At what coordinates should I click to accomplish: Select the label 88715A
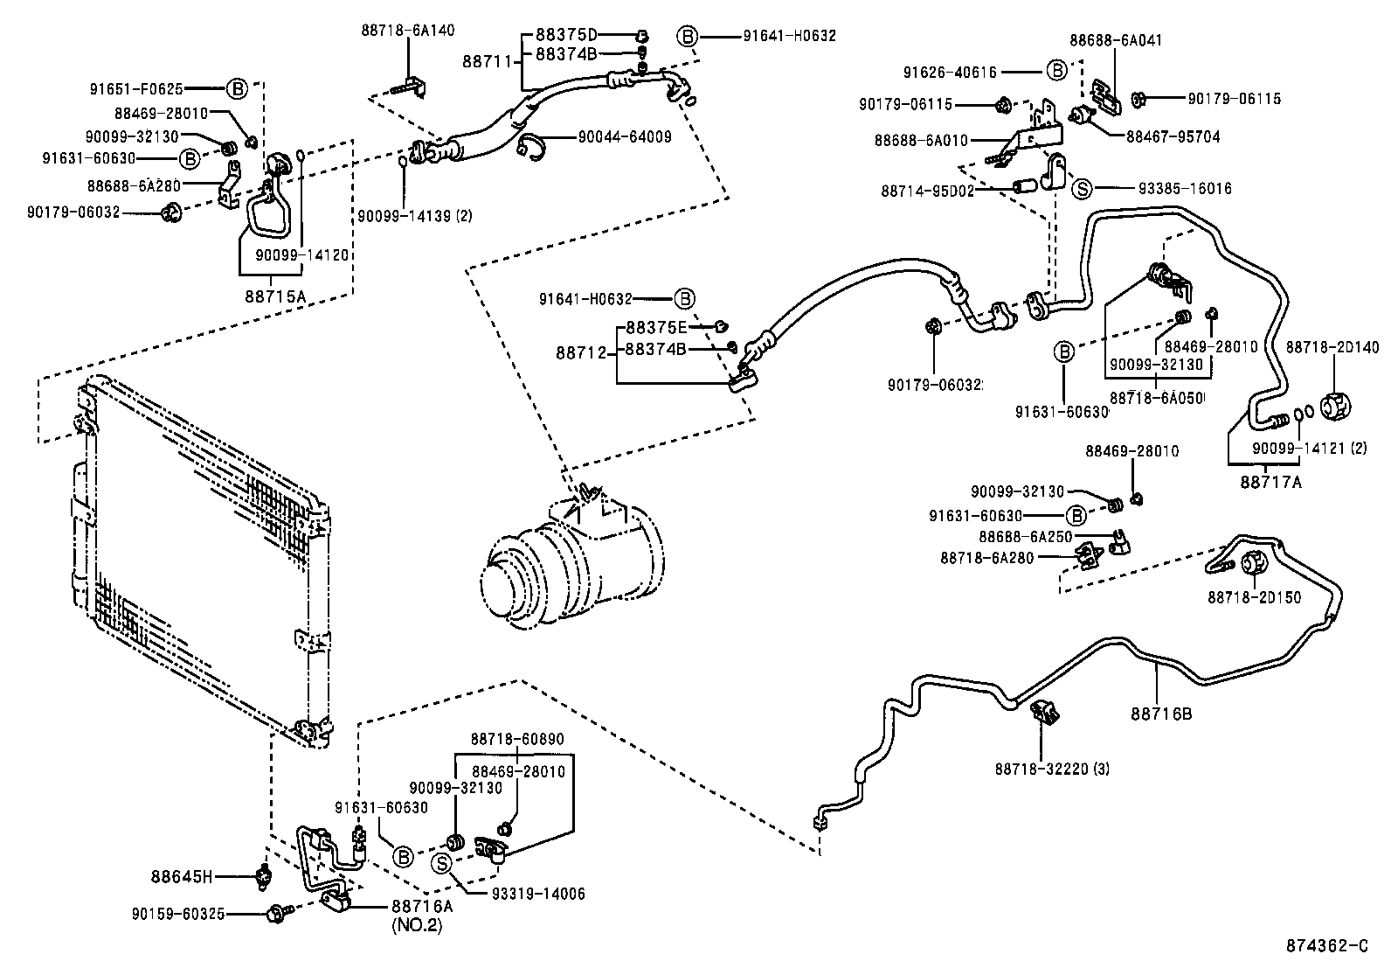pos(275,296)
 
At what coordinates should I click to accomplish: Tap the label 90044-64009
pos(625,137)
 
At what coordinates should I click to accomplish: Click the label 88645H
pos(182,875)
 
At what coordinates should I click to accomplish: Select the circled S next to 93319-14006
pos(442,864)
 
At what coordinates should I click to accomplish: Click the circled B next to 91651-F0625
pos(237,88)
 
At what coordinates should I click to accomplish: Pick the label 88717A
pos(1270,480)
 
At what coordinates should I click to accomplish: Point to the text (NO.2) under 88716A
pos(417,925)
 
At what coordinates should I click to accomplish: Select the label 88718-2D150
pos(1254,597)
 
